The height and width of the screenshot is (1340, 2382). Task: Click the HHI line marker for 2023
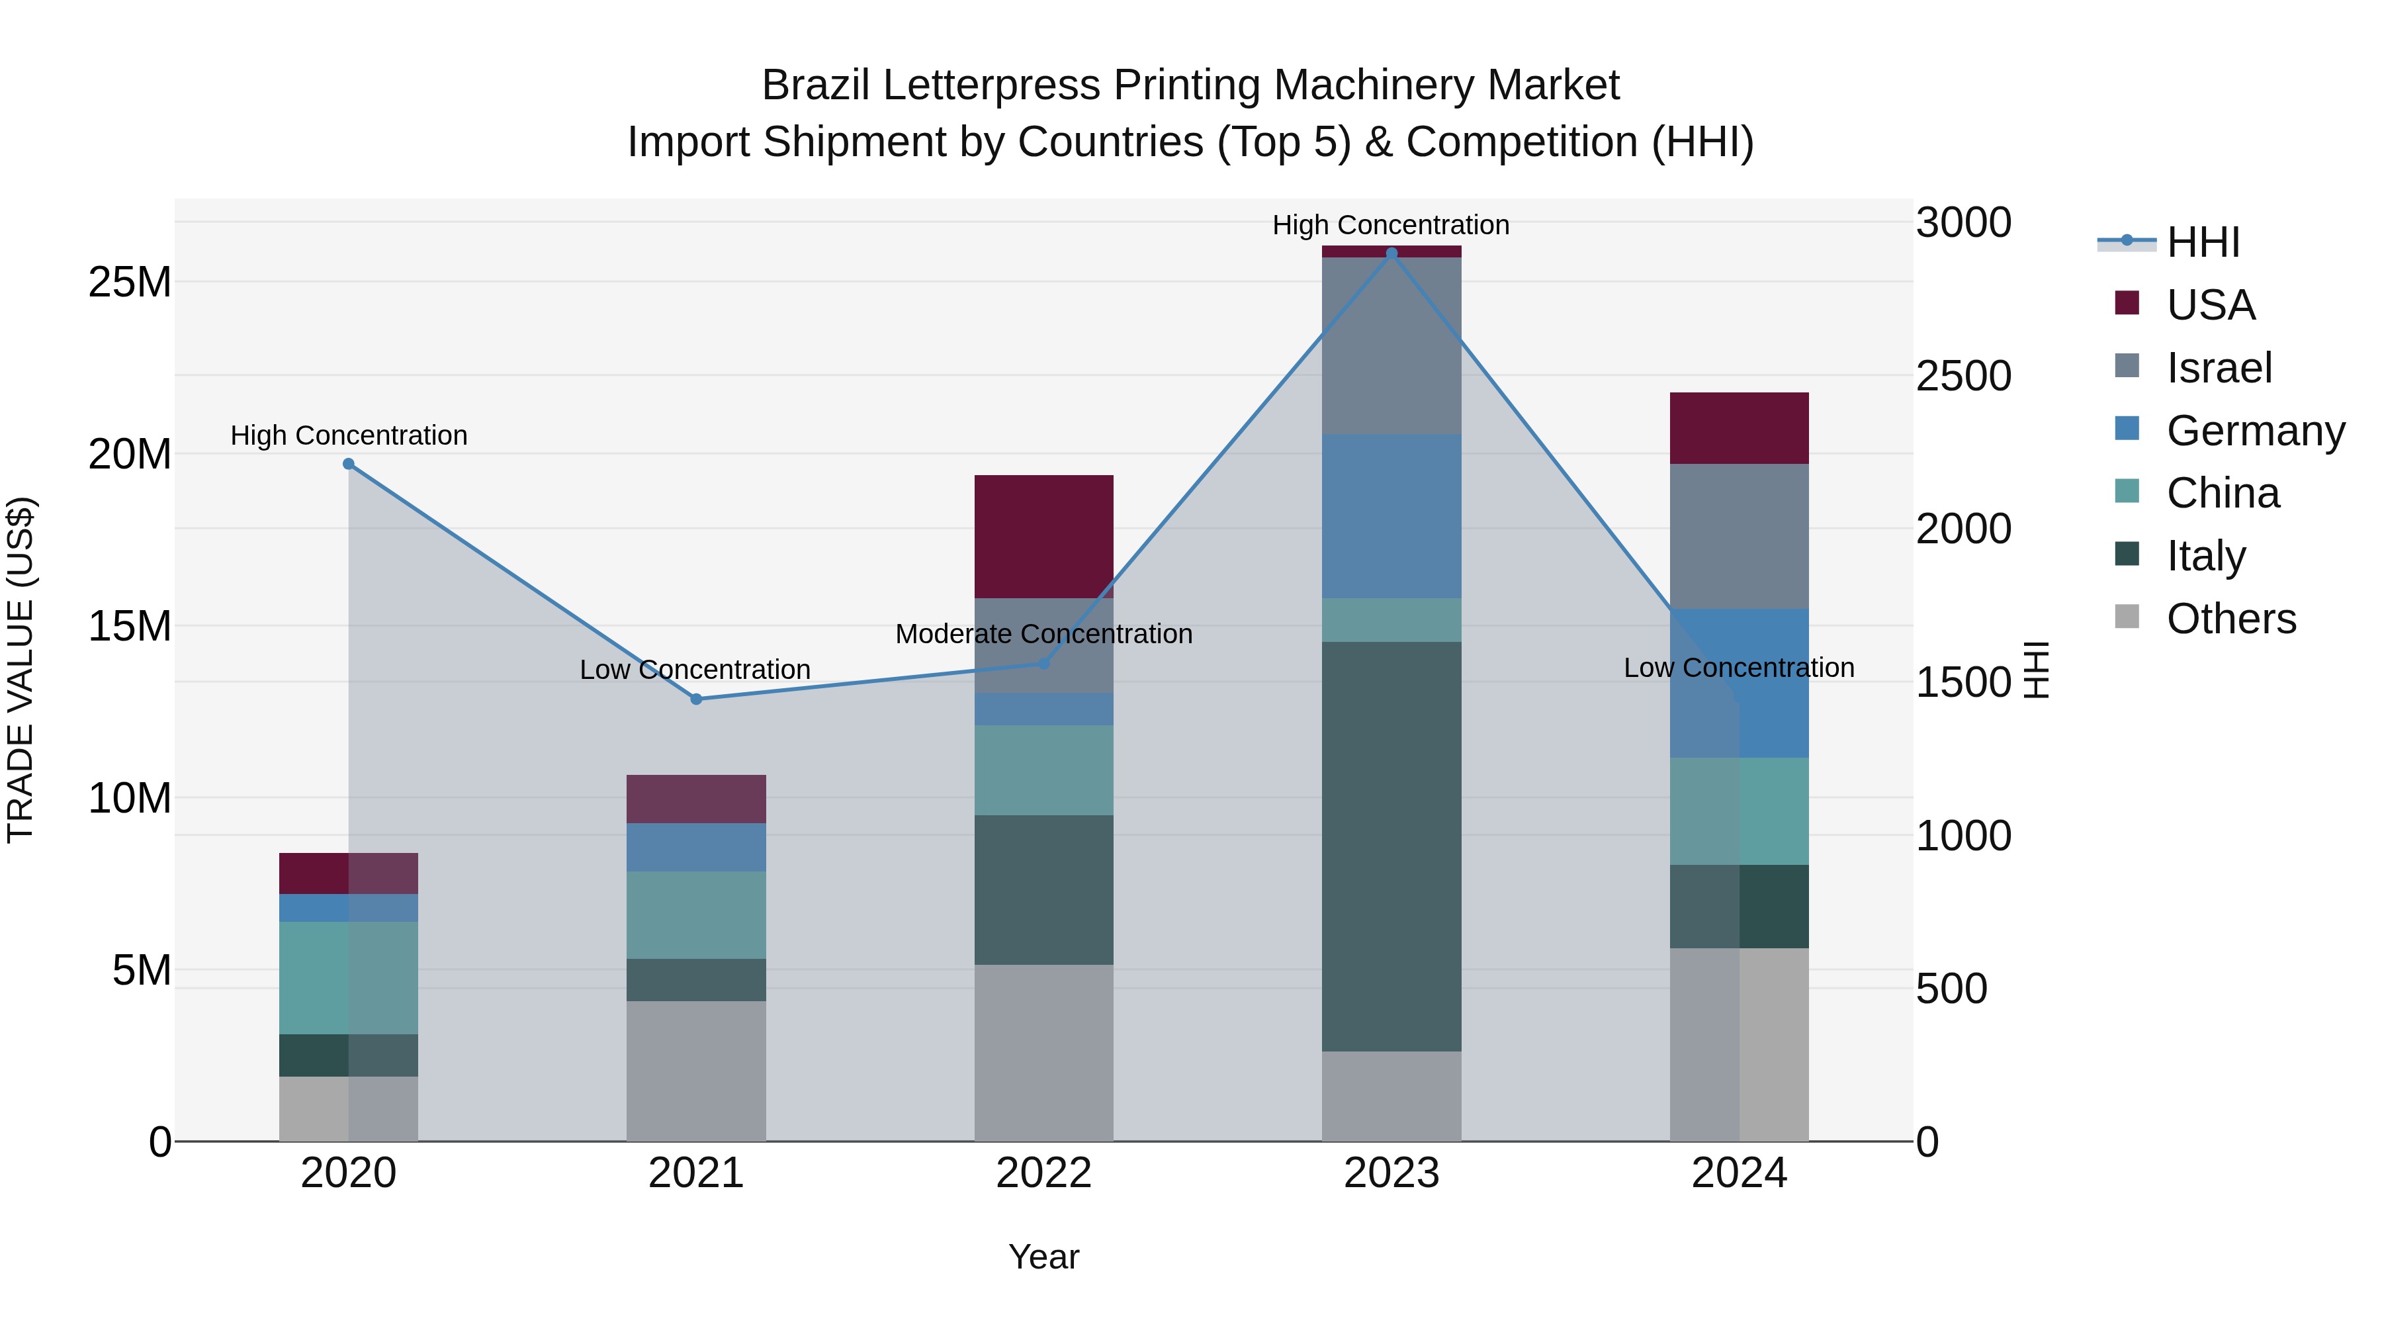point(1391,253)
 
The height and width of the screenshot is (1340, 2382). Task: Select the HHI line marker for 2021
point(696,699)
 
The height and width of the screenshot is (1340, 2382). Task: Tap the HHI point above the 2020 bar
point(349,465)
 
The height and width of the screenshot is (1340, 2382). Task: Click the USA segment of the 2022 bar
point(1044,537)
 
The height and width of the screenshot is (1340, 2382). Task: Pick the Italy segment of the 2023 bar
point(1391,846)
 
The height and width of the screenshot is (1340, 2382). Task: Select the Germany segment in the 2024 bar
point(1740,684)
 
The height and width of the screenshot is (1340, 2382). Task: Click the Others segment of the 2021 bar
point(696,1071)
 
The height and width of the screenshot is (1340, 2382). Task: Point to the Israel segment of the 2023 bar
point(1391,346)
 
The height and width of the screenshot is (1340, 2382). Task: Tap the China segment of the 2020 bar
point(349,977)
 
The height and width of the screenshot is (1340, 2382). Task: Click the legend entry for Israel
point(2219,368)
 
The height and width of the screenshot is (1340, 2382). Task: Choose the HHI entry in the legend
point(2203,242)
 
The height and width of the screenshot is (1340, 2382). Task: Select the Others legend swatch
point(2127,617)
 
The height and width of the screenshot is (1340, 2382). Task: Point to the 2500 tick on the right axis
point(1963,377)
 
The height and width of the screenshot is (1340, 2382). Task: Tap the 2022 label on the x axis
point(1044,1173)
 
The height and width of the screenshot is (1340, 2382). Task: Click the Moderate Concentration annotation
point(1044,635)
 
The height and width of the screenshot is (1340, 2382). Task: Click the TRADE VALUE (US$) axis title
point(21,670)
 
